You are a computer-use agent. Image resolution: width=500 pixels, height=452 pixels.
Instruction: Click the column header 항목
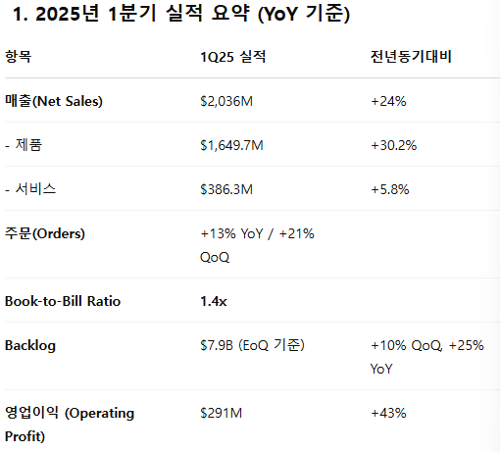click(x=19, y=57)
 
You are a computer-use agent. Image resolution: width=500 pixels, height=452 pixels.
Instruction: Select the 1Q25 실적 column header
click(x=233, y=57)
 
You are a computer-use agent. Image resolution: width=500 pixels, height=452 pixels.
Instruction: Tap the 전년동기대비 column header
click(x=411, y=57)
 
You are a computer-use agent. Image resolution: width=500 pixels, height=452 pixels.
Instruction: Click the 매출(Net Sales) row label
click(x=54, y=101)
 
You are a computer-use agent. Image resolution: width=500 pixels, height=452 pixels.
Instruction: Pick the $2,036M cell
click(x=226, y=101)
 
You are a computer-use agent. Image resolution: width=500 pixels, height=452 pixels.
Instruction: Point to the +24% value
click(x=388, y=101)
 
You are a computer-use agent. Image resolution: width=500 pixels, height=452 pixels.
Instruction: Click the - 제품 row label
click(x=24, y=145)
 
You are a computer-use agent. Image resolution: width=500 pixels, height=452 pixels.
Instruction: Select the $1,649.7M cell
click(x=231, y=145)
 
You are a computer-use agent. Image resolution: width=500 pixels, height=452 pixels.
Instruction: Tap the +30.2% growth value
click(x=394, y=145)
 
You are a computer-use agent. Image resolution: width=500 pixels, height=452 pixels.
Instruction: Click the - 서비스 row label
click(x=30, y=189)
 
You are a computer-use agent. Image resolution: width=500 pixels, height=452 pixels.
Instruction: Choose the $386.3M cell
click(x=226, y=189)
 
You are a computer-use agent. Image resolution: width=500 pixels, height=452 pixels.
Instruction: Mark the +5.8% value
click(x=390, y=189)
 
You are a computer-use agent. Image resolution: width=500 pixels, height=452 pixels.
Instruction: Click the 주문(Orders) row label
click(x=45, y=233)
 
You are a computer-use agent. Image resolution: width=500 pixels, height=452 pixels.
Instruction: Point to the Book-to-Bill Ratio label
click(x=63, y=301)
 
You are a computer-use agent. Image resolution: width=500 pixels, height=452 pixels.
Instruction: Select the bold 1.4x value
click(x=214, y=301)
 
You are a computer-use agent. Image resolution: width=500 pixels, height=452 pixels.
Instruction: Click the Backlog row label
click(x=30, y=346)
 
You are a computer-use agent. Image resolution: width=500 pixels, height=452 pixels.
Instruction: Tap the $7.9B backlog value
click(x=217, y=345)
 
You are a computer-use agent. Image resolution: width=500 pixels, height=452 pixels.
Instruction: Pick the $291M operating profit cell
click(x=222, y=413)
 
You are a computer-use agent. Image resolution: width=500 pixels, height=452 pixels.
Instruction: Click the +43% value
click(x=388, y=413)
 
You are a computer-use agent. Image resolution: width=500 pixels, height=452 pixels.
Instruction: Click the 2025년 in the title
click(x=67, y=14)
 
